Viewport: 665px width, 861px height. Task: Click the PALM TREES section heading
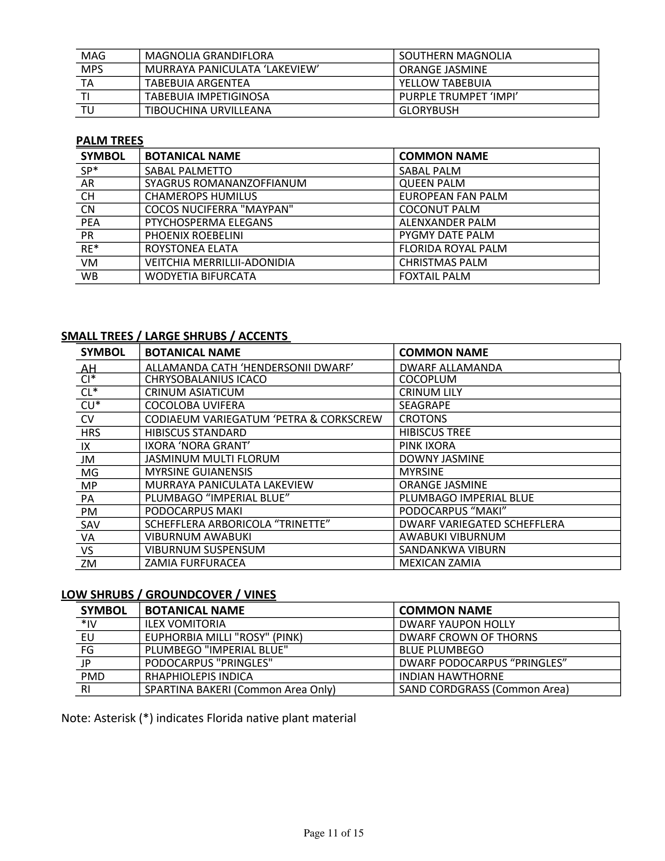[x=110, y=141]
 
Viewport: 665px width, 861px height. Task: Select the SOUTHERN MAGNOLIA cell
[x=455, y=56]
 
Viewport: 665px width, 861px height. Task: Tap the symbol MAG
[x=93, y=56]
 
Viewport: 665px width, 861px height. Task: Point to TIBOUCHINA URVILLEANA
[x=208, y=110]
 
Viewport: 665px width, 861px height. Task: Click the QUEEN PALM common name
[x=432, y=183]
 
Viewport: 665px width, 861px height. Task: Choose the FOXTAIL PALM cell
[x=435, y=276]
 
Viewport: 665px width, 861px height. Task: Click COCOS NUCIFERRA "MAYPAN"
[x=219, y=209]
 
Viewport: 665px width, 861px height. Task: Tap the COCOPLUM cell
[x=427, y=379]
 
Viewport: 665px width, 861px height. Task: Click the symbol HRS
[x=91, y=433]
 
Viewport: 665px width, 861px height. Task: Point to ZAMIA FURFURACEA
[x=195, y=563]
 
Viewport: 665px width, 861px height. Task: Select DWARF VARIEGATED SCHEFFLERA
[x=481, y=524]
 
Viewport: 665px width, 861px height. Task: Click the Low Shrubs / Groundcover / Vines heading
[x=169, y=595]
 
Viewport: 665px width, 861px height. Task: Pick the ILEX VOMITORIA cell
[x=185, y=624]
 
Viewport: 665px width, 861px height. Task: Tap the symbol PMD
[x=93, y=677]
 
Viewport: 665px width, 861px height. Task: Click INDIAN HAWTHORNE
[x=451, y=677]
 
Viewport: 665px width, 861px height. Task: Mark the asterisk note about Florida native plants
[x=209, y=718]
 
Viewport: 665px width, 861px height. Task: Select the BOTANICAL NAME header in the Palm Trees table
[x=193, y=156]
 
